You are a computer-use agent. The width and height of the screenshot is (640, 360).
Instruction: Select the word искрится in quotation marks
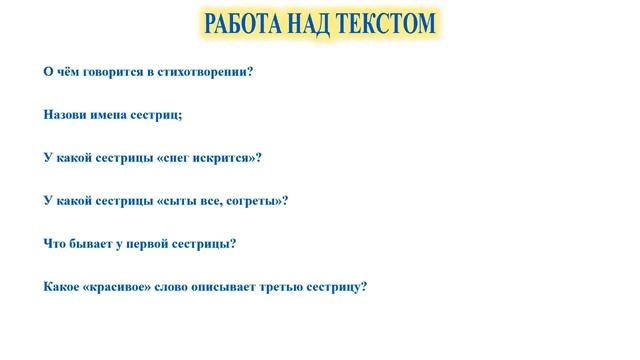point(228,157)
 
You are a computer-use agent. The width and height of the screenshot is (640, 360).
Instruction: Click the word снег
point(182,157)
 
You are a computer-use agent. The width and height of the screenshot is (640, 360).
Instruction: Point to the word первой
point(150,244)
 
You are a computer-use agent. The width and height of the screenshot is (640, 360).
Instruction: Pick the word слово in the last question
point(179,288)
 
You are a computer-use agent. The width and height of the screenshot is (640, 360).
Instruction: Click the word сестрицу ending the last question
point(341,288)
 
